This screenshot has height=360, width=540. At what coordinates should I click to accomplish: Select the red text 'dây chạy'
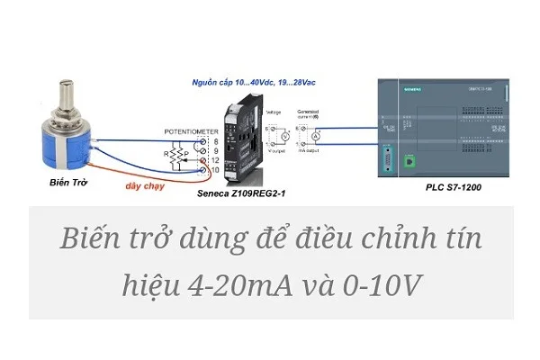coord(146,186)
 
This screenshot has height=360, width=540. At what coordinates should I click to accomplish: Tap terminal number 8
coord(214,141)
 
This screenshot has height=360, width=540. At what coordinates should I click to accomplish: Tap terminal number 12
coord(214,159)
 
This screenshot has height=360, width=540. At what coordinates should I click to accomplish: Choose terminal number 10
coord(214,169)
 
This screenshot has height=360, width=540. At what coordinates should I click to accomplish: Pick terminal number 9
coord(214,150)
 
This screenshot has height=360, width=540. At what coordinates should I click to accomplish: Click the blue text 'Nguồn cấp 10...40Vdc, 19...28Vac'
coord(254,83)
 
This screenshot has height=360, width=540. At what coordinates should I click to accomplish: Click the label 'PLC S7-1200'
coord(456,192)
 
